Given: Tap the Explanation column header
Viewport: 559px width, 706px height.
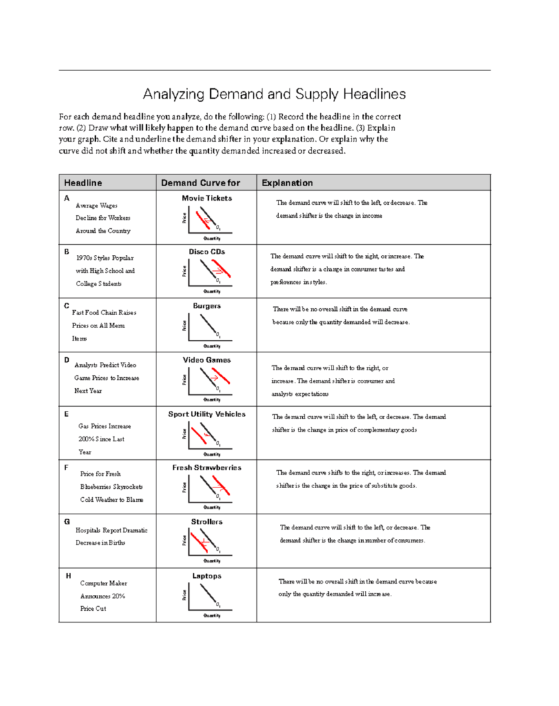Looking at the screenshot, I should (287, 183).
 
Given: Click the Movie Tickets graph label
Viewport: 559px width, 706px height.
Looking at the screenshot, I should (207, 199).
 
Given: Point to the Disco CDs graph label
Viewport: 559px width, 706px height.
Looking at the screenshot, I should (207, 252).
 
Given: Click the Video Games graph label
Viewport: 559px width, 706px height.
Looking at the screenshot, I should (207, 360).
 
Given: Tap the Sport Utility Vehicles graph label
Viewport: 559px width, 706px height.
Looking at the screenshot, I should (207, 414).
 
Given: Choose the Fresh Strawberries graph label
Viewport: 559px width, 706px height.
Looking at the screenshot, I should (207, 467).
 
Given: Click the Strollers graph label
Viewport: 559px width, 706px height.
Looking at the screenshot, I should (207, 522).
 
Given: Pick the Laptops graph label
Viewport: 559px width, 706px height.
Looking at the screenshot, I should (207, 576).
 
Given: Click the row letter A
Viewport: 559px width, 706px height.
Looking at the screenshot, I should (67, 199).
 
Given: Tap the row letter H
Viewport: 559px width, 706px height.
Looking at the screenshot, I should (67, 576).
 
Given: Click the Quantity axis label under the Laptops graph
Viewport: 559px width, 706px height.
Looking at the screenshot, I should (212, 615).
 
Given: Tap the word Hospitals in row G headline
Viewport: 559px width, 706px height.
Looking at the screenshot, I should (88, 530).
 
